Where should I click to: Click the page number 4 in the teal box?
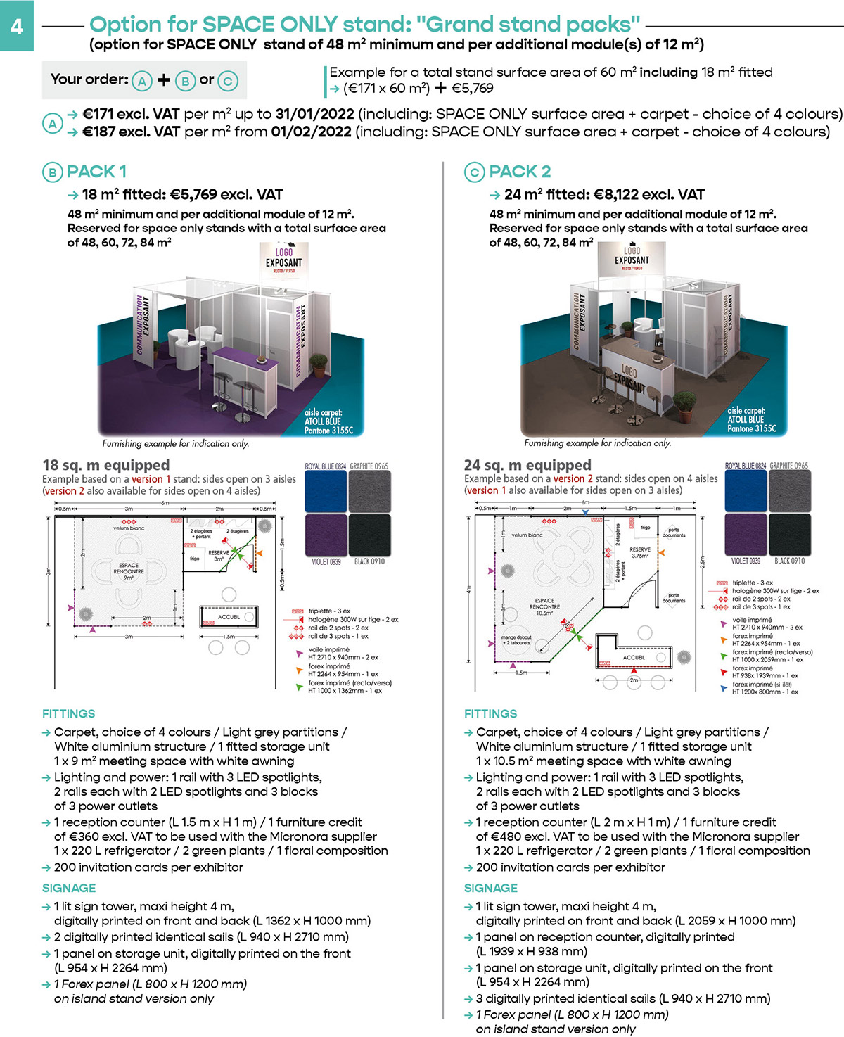(x=16, y=26)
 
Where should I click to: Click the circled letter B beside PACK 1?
(x=52, y=172)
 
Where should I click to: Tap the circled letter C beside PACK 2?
(x=474, y=172)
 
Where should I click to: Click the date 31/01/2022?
(x=314, y=114)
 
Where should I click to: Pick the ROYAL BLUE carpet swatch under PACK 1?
(x=325, y=492)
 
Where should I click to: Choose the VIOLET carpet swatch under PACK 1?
(x=325, y=535)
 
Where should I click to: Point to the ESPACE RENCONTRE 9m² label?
(x=129, y=570)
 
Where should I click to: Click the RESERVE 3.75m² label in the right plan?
(x=640, y=552)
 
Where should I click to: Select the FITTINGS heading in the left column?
(x=68, y=714)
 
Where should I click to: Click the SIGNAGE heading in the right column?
(x=490, y=889)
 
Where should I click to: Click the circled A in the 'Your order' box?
(x=141, y=81)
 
